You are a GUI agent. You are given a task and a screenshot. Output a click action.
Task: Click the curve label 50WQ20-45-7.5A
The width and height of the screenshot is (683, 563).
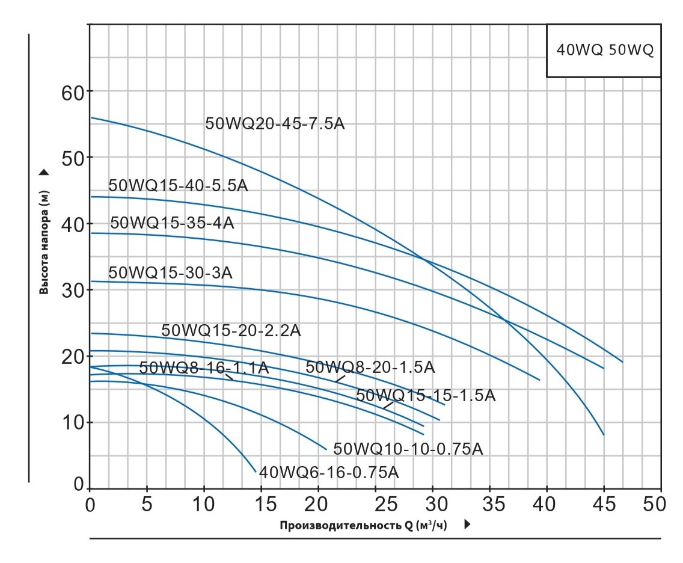tap(275, 124)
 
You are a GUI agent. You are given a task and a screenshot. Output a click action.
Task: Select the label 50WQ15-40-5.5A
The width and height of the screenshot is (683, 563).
tap(178, 185)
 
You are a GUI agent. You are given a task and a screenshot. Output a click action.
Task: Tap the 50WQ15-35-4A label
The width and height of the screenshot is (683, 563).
tap(172, 223)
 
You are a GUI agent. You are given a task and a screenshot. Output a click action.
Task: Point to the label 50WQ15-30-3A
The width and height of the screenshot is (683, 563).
tap(170, 272)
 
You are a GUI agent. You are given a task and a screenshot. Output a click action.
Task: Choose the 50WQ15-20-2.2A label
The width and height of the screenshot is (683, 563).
tap(231, 331)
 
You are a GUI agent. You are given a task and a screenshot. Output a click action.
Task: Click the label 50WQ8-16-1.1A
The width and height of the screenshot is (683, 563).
tap(204, 368)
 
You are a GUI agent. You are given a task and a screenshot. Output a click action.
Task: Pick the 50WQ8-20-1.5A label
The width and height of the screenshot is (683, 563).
tap(370, 367)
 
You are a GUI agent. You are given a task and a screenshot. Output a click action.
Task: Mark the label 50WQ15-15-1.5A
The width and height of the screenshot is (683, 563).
tap(426, 396)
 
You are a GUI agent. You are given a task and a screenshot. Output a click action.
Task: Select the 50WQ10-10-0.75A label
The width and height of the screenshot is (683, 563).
tap(408, 449)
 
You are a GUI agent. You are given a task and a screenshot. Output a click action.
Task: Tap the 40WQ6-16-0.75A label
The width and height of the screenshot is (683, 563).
tap(329, 472)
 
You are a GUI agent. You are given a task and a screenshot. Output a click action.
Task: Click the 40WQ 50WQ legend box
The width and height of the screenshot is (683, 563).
tap(604, 51)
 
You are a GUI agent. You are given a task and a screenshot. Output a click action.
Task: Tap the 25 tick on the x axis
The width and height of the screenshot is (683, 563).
tap(376, 503)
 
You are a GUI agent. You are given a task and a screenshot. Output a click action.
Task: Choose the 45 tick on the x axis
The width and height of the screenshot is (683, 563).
tap(604, 503)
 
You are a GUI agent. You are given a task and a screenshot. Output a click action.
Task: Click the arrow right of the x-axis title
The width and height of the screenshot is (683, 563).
tap(467, 525)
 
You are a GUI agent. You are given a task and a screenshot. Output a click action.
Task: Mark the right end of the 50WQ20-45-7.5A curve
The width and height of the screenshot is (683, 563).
tap(603, 434)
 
